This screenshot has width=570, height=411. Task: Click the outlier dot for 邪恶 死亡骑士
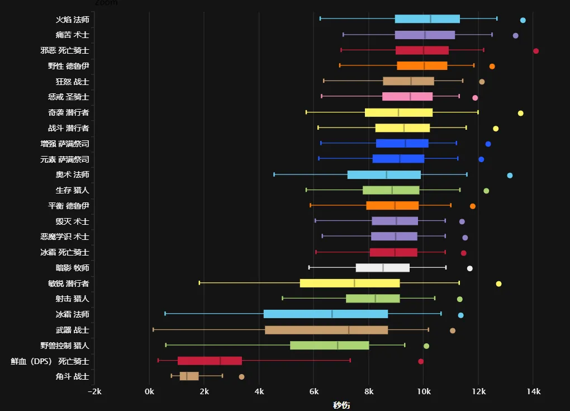(x=536, y=51)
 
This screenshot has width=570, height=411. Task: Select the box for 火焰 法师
(x=427, y=19)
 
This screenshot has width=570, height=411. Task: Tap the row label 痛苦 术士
(x=72, y=35)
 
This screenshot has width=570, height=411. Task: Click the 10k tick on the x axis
(x=423, y=391)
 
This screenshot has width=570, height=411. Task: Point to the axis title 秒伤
(x=341, y=405)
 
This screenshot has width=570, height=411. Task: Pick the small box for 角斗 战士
(x=189, y=376)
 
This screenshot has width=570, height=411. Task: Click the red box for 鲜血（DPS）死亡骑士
(x=210, y=361)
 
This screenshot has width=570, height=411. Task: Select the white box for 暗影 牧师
(x=382, y=268)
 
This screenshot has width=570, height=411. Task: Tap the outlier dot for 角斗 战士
(x=241, y=377)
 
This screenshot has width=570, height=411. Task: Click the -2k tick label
(x=94, y=391)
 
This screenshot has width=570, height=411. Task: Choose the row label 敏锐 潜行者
(x=69, y=284)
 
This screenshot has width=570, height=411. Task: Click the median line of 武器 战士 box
(x=349, y=330)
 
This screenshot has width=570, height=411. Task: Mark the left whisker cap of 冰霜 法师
(x=165, y=314)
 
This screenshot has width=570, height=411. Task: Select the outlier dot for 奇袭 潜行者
(x=521, y=113)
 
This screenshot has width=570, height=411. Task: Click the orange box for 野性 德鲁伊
(x=422, y=66)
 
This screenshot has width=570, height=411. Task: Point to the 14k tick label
(x=533, y=391)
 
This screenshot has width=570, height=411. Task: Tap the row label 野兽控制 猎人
(x=65, y=346)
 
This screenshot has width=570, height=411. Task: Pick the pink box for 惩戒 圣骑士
(x=407, y=97)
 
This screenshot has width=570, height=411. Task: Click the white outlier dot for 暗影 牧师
(x=470, y=268)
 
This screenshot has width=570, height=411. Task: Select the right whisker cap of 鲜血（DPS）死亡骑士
(x=350, y=361)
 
